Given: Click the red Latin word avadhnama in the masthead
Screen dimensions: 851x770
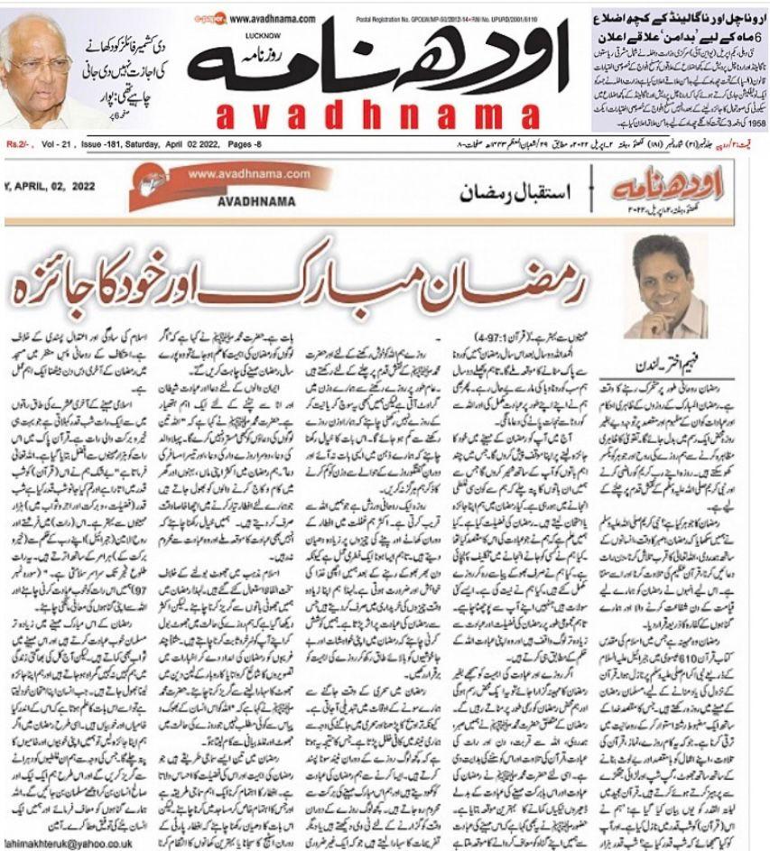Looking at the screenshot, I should pos(381,114).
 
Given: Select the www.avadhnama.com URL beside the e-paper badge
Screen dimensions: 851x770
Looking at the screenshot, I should pos(272,18).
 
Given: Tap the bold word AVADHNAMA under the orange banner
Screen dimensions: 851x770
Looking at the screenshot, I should pos(256,201).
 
